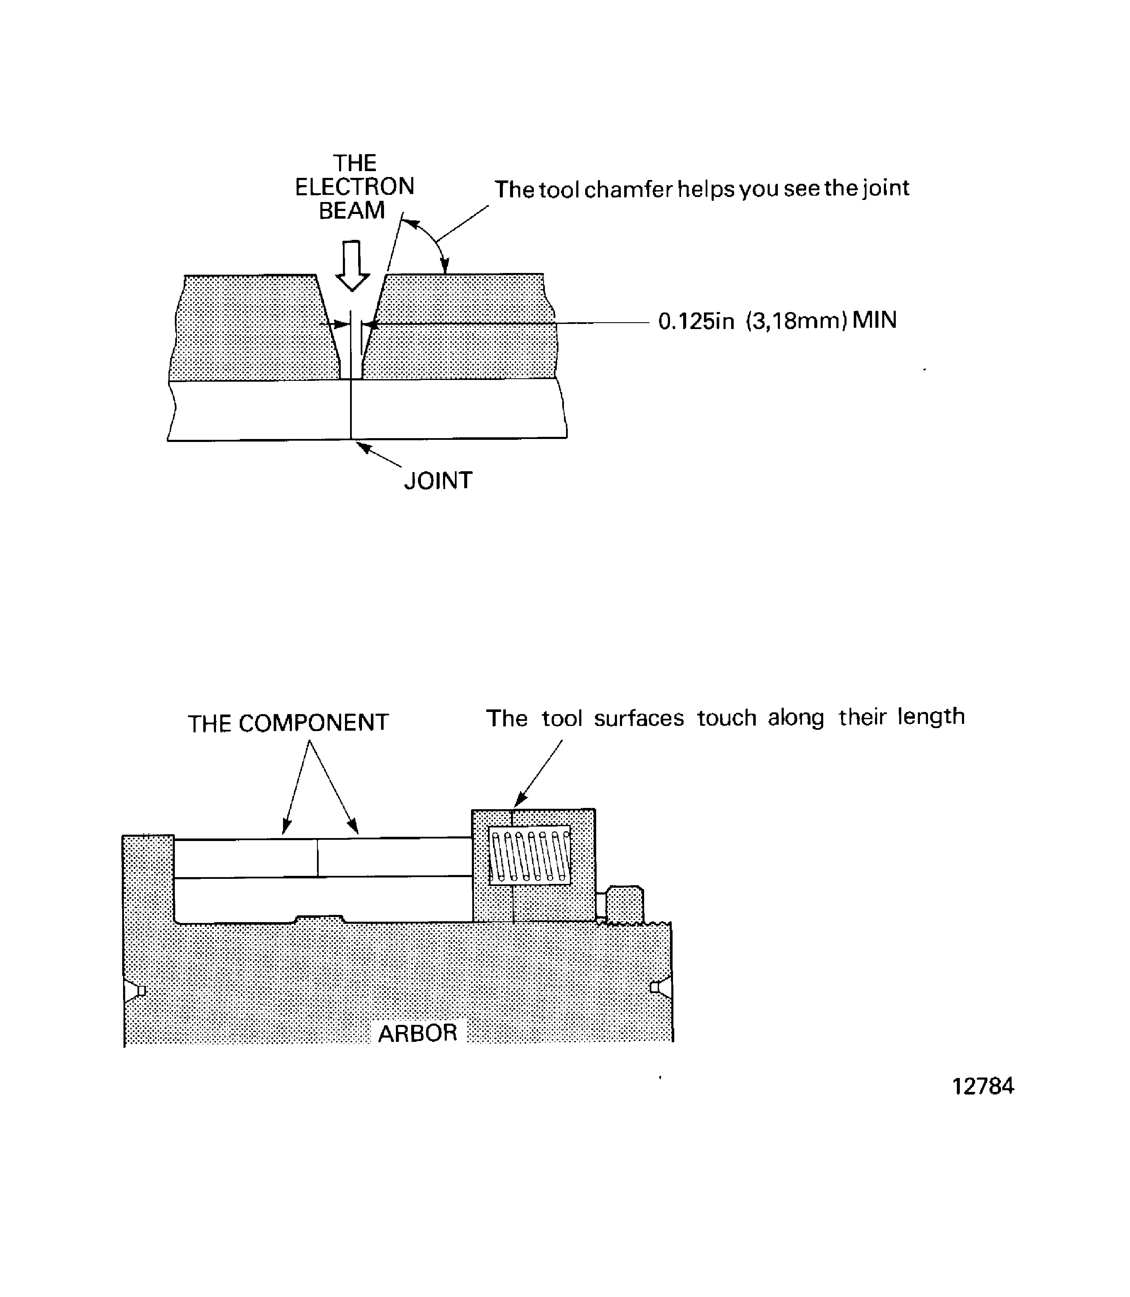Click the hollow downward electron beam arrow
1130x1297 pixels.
[352, 265]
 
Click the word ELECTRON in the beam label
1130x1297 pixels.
[354, 187]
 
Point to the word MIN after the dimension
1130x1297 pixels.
[875, 321]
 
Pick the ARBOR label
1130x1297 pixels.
[418, 1033]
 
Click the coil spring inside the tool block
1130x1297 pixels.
[530, 855]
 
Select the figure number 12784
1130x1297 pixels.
[982, 1086]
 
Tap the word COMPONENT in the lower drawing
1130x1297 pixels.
[314, 723]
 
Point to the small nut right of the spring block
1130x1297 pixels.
[624, 905]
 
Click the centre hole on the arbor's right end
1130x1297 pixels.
[661, 987]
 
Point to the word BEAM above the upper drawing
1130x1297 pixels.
[352, 211]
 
